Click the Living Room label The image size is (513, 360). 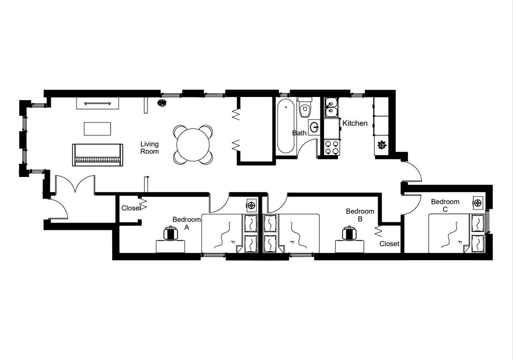click(149, 147)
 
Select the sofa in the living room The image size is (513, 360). click(97, 155)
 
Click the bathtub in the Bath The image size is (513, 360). click(285, 126)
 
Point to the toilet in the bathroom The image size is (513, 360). click(305, 107)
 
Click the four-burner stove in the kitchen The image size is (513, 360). click(331, 147)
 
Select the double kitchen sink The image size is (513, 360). click(331, 107)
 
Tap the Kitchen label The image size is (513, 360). click(355, 123)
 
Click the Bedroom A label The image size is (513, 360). click(186, 223)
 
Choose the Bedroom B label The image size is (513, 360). click(360, 215)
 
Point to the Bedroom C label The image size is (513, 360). click(445, 205)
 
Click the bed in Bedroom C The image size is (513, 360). click(457, 233)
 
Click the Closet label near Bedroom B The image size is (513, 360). click(389, 243)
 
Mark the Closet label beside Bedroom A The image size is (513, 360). click(131, 208)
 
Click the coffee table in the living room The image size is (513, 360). click(98, 129)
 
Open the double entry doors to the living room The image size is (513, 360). click(75, 185)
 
